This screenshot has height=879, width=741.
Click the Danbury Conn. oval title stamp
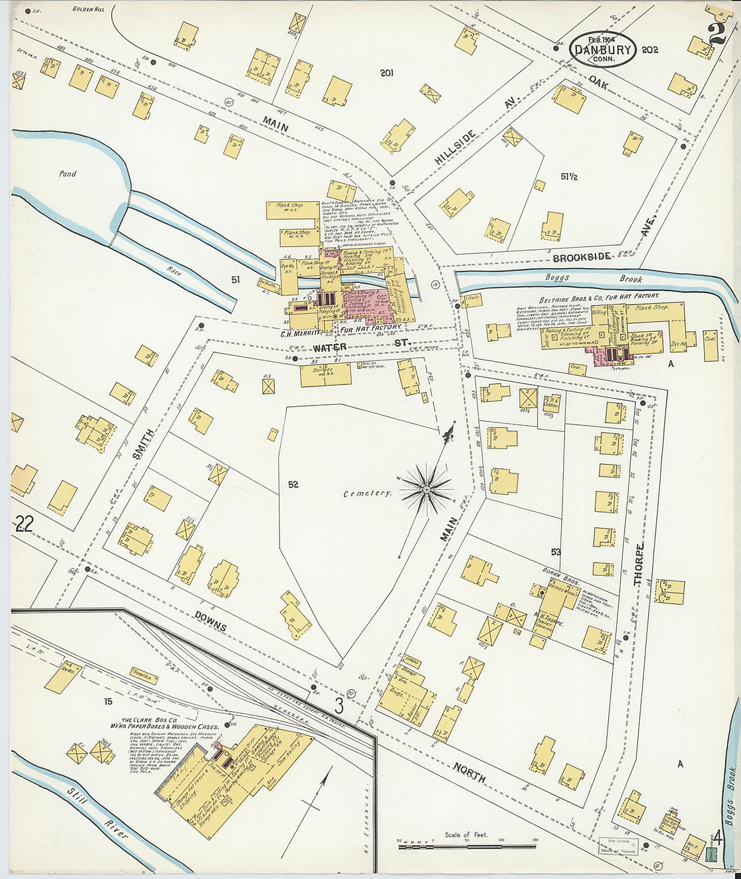(x=602, y=49)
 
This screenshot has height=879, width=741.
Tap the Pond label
(x=67, y=174)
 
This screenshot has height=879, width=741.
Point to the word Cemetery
(x=367, y=493)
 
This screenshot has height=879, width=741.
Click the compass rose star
(x=426, y=489)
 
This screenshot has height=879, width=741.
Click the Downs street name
(x=210, y=620)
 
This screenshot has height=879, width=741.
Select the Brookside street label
(x=581, y=257)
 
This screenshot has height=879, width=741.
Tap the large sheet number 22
(x=24, y=523)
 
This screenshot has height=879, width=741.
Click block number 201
(x=386, y=73)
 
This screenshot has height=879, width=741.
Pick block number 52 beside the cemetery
(x=292, y=484)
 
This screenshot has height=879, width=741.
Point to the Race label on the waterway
(x=174, y=272)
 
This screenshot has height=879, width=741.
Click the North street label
(x=470, y=772)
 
